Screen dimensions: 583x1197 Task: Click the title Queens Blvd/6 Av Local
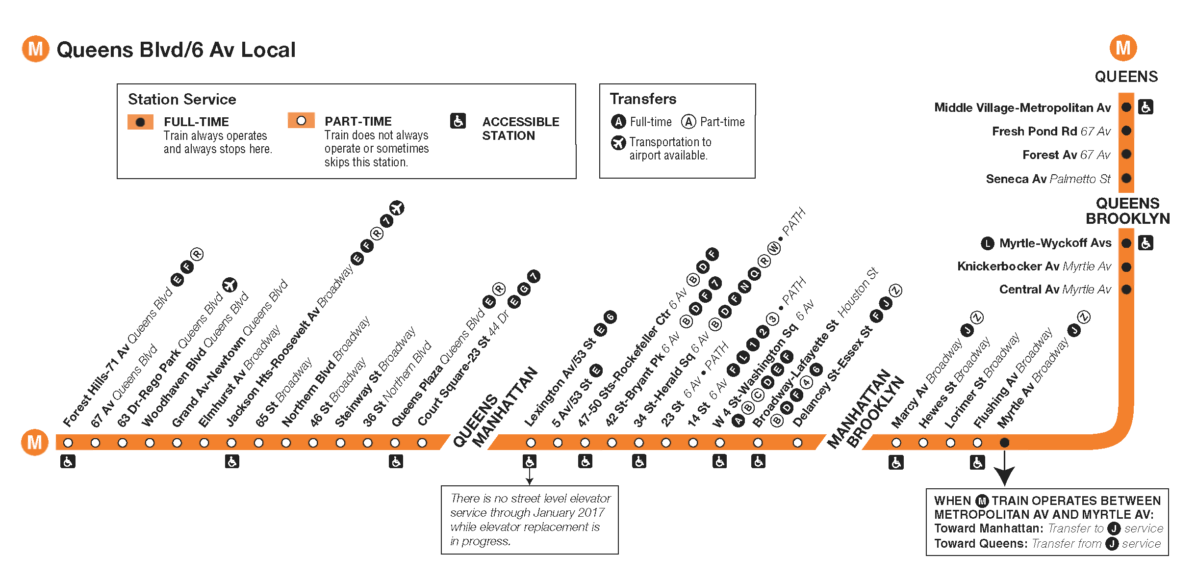(x=176, y=50)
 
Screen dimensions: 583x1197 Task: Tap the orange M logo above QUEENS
(x=1123, y=48)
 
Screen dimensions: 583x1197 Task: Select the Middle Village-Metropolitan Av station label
(x=1022, y=107)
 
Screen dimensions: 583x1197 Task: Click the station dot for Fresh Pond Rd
(x=1126, y=131)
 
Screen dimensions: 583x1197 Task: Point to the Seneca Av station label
(x=1047, y=179)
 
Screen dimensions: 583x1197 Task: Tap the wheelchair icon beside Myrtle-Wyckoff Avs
(x=1146, y=243)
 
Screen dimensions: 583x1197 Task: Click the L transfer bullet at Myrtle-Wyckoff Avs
(x=987, y=243)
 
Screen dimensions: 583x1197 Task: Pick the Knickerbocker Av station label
(x=1034, y=266)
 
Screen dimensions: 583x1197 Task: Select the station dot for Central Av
(x=1126, y=290)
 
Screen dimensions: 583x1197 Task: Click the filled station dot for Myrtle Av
(x=1004, y=443)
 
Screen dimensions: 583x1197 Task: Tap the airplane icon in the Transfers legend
(x=618, y=143)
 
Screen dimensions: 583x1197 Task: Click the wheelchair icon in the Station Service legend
(x=458, y=121)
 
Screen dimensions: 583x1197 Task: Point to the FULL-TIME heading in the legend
(x=196, y=122)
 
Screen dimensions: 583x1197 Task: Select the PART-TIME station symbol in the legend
(x=301, y=121)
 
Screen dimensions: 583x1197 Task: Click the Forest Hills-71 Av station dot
(x=68, y=443)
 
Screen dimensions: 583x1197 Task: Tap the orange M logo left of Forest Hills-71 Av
(x=34, y=442)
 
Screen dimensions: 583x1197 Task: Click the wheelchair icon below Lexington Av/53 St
(x=529, y=461)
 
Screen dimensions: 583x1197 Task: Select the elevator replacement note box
(x=530, y=520)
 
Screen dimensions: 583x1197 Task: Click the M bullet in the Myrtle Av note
(x=982, y=501)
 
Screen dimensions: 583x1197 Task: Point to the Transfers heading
(x=643, y=99)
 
